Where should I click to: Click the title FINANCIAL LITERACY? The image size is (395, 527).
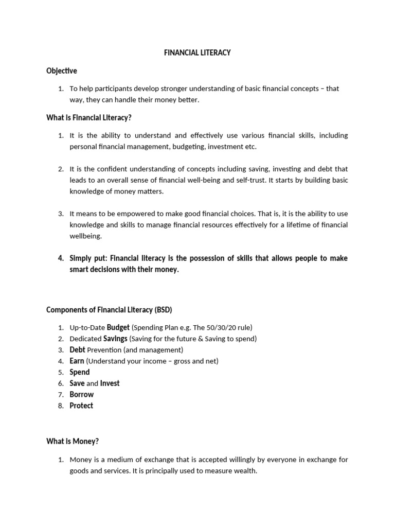click(x=197, y=53)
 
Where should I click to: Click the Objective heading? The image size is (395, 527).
click(x=62, y=71)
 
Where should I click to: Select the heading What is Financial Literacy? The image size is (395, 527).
click(x=89, y=118)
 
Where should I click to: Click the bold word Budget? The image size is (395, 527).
click(x=118, y=327)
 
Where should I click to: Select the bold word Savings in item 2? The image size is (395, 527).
click(x=115, y=339)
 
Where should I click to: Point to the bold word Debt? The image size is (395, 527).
click(x=78, y=350)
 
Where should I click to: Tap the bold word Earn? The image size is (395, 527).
click(x=77, y=361)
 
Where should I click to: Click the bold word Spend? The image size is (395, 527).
click(x=80, y=372)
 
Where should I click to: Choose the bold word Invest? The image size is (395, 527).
click(x=110, y=383)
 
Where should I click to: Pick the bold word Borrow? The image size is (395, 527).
click(x=82, y=395)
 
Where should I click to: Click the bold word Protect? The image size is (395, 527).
click(x=81, y=406)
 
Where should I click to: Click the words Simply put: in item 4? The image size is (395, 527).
click(x=89, y=258)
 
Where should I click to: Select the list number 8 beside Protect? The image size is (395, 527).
click(x=60, y=406)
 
